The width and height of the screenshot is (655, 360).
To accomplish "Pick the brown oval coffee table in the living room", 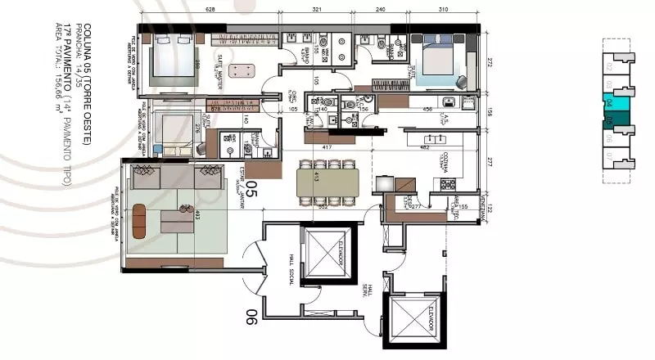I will click(139, 221).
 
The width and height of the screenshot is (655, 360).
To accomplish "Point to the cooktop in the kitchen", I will click(447, 184).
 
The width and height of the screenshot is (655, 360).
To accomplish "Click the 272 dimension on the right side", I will click(490, 62).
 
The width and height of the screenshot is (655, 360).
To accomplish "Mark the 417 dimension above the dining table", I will click(327, 148).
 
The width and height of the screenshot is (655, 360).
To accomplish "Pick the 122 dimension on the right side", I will click(490, 209).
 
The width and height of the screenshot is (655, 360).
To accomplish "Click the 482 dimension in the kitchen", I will click(425, 148).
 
